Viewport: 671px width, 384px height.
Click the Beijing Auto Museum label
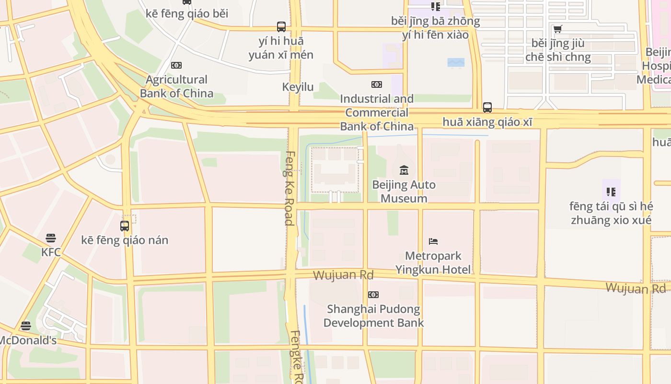pyautogui.click(x=404, y=192)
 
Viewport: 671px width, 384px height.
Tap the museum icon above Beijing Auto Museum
pyautogui.click(x=404, y=170)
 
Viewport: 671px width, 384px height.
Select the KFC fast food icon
pyautogui.click(x=51, y=238)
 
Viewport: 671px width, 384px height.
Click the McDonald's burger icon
pyautogui.click(x=26, y=326)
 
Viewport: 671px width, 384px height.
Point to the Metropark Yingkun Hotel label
pyautogui.click(x=433, y=263)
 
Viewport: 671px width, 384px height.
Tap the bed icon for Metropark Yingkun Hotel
pyautogui.click(x=433, y=241)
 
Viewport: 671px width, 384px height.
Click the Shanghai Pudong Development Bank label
pyautogui.click(x=373, y=315)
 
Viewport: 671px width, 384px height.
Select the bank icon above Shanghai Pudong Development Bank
pyautogui.click(x=373, y=294)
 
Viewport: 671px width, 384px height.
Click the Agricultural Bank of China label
pyautogui.click(x=176, y=86)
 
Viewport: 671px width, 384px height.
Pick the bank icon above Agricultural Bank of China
pyautogui.click(x=176, y=65)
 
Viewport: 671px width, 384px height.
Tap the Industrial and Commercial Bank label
pyautogui.click(x=377, y=112)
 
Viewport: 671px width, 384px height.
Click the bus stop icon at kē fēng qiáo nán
pyautogui.click(x=125, y=226)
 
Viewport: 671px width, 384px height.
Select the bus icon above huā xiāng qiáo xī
pyautogui.click(x=487, y=107)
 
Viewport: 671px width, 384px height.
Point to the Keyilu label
pyautogui.click(x=298, y=87)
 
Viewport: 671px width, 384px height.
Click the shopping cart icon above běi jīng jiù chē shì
pyautogui.click(x=557, y=29)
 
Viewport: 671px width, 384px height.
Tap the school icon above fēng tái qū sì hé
pyautogui.click(x=611, y=192)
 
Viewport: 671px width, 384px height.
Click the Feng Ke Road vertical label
pyautogui.click(x=289, y=188)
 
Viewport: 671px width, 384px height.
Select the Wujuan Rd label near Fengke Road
pyautogui.click(x=343, y=275)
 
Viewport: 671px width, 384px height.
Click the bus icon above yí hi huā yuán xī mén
pyautogui.click(x=281, y=27)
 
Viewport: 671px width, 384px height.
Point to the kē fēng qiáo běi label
pyautogui.click(x=187, y=13)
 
